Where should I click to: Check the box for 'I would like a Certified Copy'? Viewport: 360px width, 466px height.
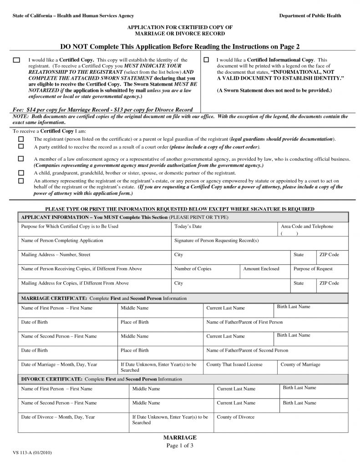16,60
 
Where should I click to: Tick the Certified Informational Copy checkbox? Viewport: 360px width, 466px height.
206,60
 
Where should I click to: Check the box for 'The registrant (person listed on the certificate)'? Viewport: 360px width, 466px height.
21,138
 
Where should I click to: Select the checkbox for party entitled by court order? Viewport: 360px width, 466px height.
21,147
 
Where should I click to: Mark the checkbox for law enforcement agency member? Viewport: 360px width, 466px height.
21,159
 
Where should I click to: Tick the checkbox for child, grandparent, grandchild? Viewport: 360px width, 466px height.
21,173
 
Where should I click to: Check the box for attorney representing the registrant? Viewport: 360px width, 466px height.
21,181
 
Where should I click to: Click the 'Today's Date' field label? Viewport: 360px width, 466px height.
188,227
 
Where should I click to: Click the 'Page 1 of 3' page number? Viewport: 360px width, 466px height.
180,446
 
